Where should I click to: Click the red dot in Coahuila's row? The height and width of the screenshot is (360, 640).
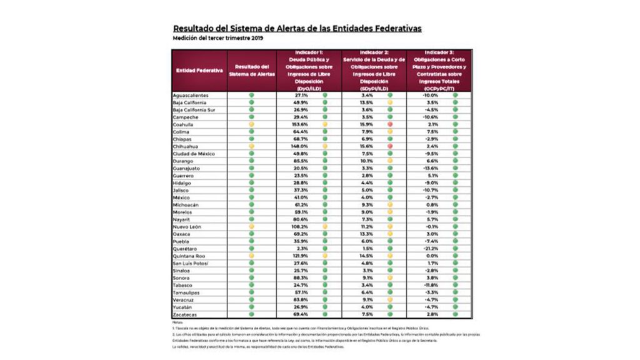(x=389, y=124)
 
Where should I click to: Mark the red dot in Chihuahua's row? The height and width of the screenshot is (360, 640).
(x=389, y=146)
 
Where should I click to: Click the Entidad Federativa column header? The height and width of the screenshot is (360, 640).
(x=199, y=71)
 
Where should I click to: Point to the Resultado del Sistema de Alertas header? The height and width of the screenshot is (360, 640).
(x=252, y=71)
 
